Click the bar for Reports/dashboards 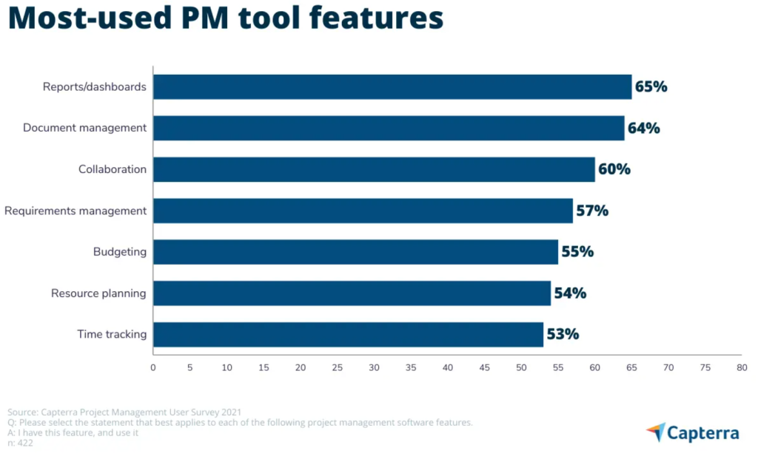coord(392,86)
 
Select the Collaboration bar coord(374,169)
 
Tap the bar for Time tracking coord(348,334)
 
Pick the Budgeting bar coord(355,252)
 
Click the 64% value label coord(643,128)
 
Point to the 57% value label coord(592,211)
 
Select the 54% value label coord(570,293)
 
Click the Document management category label coord(84,128)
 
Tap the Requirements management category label coord(76,211)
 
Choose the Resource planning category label coord(98,293)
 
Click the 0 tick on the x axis coord(153,367)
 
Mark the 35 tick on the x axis coord(411,367)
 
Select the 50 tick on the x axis coord(521,367)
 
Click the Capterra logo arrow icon coord(655,431)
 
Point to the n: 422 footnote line coord(22,443)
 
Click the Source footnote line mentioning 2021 coord(124,412)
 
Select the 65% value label coord(651,86)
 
